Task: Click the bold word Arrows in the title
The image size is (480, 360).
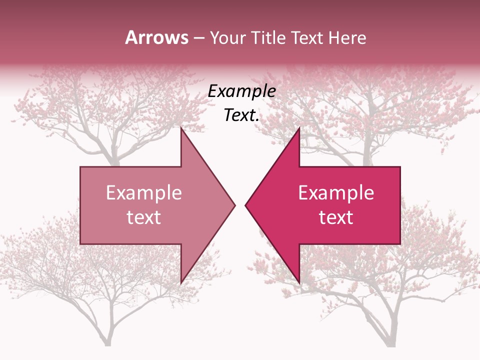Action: point(156,37)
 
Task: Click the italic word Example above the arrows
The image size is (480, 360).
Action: point(241,91)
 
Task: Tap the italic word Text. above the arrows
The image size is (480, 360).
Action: point(241,115)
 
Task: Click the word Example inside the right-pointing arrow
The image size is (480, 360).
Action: point(144,192)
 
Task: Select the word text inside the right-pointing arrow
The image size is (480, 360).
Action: point(144,217)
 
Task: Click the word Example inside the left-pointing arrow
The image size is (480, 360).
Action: point(336,192)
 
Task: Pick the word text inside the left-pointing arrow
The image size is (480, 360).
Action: point(336,217)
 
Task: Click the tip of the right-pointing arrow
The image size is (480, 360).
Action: point(234,205)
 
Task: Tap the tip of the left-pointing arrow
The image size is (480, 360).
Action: point(246,205)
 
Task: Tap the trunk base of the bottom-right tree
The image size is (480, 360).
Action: point(390,343)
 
